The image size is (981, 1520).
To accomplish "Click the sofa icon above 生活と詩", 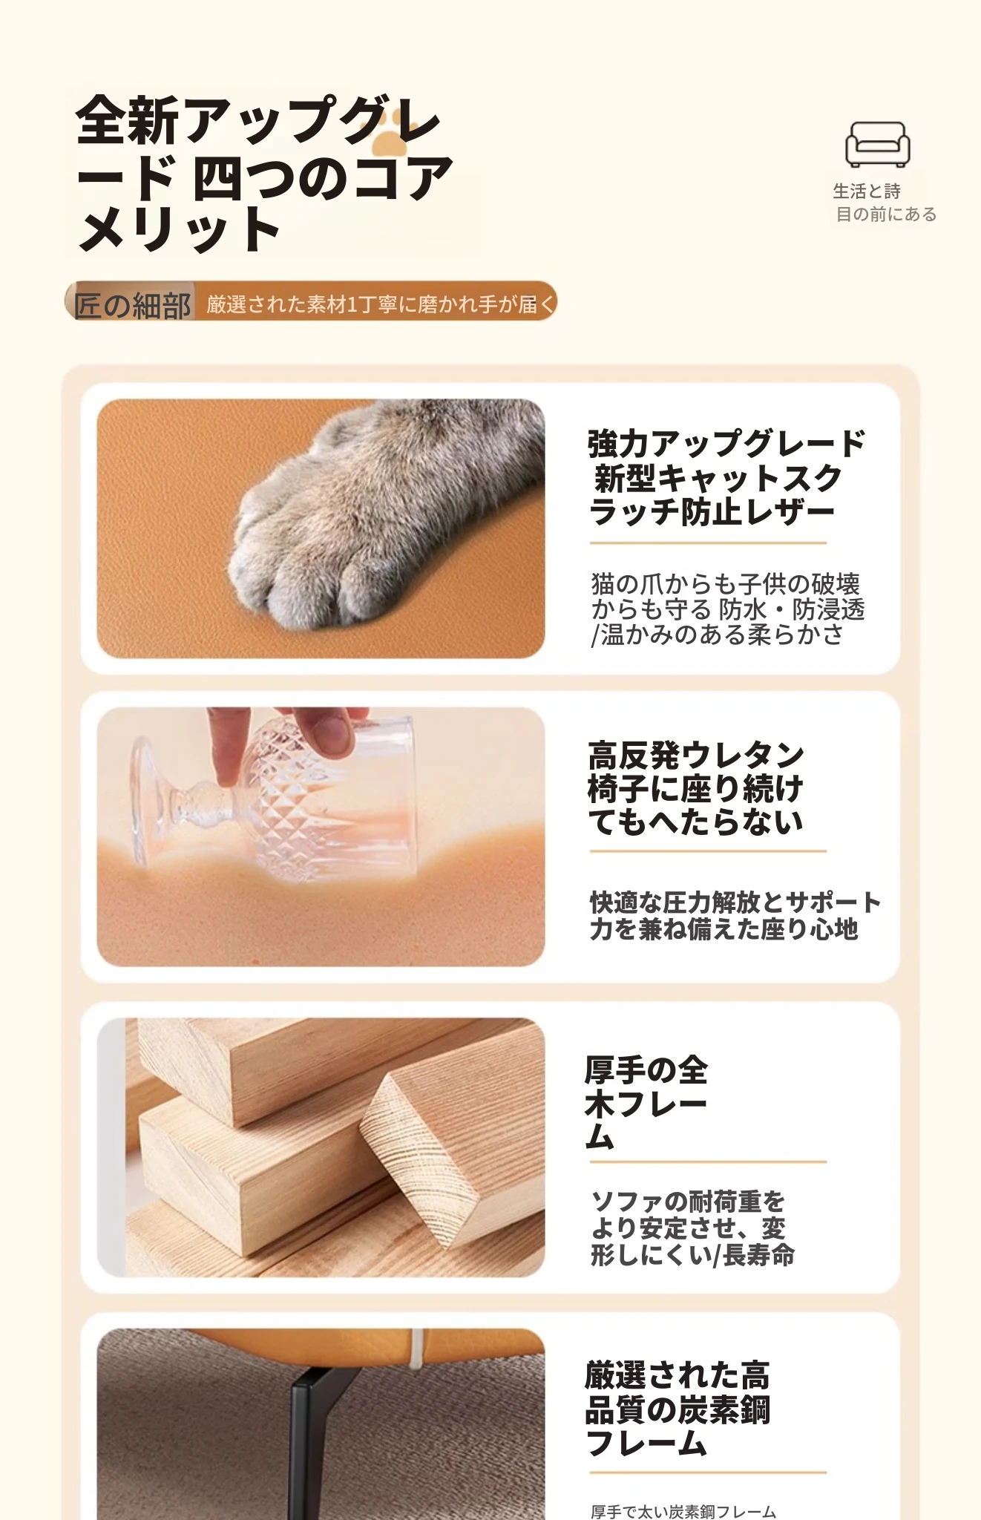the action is point(877,144).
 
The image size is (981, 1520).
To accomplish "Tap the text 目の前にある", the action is point(886,214).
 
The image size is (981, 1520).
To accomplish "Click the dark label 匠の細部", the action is point(131,304).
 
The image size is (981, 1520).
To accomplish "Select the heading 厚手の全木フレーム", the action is point(646,1104).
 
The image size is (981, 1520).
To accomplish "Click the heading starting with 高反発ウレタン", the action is point(696,788).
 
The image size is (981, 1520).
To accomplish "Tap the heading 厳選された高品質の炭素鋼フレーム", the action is point(678,1409).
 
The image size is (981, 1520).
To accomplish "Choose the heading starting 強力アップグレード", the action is point(726,478).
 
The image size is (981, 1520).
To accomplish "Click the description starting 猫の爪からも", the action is point(727,609).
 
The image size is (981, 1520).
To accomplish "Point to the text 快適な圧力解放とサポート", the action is point(735,902).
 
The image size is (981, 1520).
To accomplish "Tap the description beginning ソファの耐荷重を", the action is point(692,1228).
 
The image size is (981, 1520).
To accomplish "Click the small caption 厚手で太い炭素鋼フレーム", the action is point(683,1511).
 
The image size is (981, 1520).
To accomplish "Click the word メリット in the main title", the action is point(179,230).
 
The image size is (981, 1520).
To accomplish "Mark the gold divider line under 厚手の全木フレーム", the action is point(708,1162).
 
